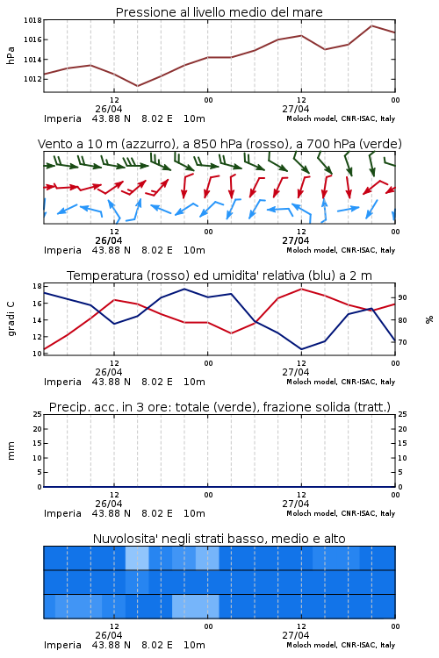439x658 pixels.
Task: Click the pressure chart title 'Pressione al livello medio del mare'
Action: coord(219,12)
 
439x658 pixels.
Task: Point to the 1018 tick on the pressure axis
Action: coord(32,20)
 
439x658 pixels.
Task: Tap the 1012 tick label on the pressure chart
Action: coord(32,79)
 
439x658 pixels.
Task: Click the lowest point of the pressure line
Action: coord(137,86)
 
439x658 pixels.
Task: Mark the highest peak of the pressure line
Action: coord(371,25)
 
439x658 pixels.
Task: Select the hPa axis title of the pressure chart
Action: coord(11,55)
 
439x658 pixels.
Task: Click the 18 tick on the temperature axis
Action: coord(37,286)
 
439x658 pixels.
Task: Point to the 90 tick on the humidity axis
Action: coord(402,297)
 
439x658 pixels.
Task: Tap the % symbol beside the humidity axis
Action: coord(429,319)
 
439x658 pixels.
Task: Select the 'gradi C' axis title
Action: coord(11,318)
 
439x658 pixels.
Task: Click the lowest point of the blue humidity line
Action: coord(301,349)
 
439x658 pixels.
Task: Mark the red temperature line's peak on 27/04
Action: coord(301,289)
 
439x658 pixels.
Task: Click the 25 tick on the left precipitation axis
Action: coord(37,414)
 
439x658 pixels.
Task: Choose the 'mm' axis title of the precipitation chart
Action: coord(11,451)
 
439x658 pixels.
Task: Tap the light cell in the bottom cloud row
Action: coord(195,606)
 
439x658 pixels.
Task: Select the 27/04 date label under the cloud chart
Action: coord(296,635)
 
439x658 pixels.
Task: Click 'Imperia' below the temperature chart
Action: coord(62,382)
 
